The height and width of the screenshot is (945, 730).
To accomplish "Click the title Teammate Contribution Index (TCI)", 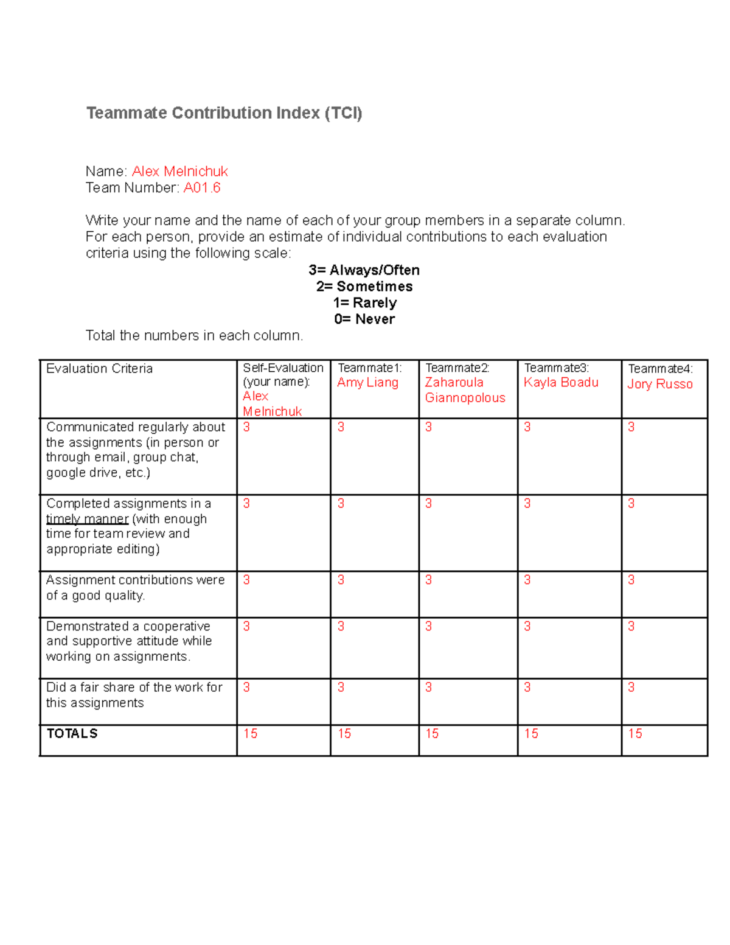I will point(224,113).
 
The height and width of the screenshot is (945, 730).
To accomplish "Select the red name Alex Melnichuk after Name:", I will point(179,172).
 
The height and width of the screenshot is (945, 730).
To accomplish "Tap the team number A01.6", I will point(201,188).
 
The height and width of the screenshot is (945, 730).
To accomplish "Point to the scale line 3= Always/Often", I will point(364,270).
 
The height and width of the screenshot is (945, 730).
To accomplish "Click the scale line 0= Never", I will point(364,319).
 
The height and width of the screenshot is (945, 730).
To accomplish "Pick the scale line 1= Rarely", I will point(364,303).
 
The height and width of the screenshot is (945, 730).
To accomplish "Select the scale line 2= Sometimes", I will point(364,287).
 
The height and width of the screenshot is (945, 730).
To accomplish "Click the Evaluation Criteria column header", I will point(99,369).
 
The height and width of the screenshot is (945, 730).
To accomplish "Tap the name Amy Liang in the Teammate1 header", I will point(367,383).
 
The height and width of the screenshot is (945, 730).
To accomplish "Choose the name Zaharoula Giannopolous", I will point(465,390).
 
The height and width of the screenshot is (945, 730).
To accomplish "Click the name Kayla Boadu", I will point(561,383).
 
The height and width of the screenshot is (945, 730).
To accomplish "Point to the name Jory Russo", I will point(660,384).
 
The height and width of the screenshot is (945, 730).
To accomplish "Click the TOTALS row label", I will point(72,734).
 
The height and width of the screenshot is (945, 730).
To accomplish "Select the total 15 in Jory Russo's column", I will point(635,734).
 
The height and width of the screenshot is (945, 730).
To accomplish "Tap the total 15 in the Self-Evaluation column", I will point(250,734).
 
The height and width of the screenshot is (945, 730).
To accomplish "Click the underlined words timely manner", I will point(87,519).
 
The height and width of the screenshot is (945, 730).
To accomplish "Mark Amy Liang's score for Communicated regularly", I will point(341,427).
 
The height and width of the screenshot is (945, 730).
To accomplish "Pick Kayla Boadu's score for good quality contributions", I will point(527,580).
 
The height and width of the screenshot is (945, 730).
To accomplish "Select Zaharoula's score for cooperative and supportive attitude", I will point(428,626).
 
